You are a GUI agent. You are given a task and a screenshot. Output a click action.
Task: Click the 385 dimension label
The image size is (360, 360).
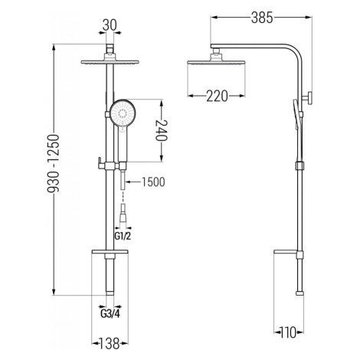point(262,18)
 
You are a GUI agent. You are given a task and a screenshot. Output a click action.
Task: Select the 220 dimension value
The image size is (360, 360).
point(217,96)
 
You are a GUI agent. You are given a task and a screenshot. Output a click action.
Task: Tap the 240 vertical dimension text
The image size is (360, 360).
point(162,130)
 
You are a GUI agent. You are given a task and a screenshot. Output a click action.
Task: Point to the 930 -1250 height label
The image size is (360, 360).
point(54,163)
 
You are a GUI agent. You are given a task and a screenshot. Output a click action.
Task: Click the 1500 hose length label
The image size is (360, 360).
point(153,182)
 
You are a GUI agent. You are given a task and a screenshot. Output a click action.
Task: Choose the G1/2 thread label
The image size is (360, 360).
point(123,236)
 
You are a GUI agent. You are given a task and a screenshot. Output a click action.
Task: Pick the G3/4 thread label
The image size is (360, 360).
point(110,314)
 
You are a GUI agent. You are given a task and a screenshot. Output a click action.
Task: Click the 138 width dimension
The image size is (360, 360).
point(109,343)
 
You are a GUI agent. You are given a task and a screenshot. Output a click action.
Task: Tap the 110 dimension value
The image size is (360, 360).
point(288,332)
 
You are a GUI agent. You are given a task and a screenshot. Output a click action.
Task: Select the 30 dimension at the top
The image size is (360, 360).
point(110,25)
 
